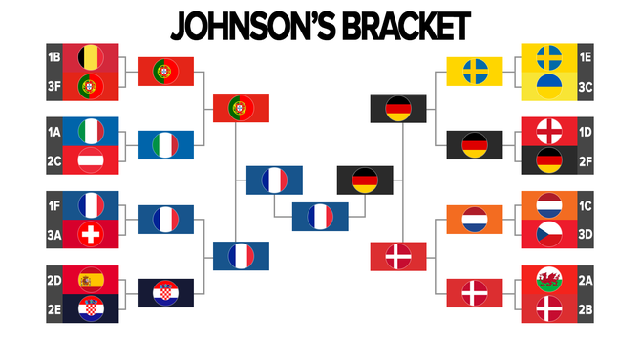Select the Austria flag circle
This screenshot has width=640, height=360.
point(91,159)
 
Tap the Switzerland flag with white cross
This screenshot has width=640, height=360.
point(91,234)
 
